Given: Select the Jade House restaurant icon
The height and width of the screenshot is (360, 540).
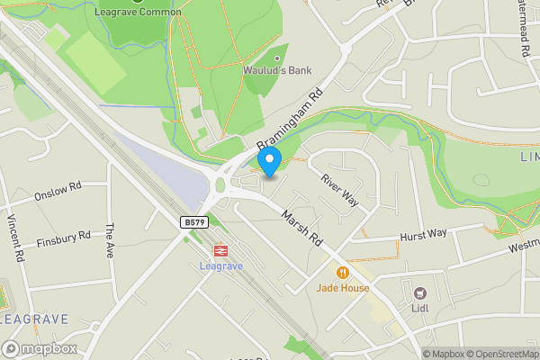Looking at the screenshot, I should coord(342,273).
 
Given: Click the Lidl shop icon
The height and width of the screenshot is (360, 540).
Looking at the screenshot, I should coord(419,292).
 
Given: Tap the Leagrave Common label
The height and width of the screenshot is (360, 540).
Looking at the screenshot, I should coord(138,13).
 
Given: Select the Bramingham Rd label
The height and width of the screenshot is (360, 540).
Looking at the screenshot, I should coord(289,120).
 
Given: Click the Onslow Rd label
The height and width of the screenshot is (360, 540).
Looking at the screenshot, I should coord(58,190).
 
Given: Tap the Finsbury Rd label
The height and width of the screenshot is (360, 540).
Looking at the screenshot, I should coord(64,238).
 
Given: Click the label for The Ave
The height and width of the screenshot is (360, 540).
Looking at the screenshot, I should coord(111,241).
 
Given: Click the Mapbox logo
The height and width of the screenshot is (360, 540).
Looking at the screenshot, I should coord(40,349).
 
